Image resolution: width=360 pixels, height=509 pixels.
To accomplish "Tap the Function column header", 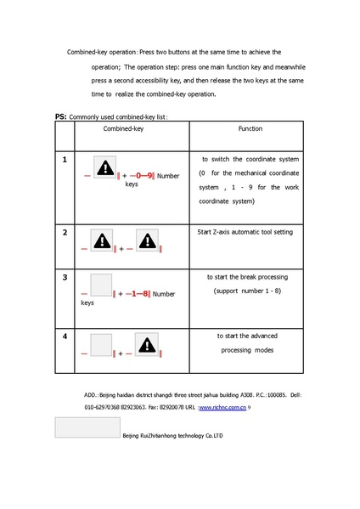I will (249, 128).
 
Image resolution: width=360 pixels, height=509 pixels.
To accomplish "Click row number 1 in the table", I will (65, 159).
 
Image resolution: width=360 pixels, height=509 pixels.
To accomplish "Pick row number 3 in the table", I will (65, 277).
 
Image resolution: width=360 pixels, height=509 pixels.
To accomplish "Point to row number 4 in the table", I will (65, 336).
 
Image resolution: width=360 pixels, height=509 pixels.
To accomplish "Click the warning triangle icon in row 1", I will (105, 167).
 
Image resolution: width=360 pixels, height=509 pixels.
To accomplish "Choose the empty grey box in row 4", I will (102, 345).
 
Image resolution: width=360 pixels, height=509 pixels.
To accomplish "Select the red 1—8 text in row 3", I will (139, 294).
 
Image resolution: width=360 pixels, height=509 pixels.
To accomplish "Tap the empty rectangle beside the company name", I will (87, 427).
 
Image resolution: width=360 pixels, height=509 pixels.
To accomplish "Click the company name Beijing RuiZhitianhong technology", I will (172, 434).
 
